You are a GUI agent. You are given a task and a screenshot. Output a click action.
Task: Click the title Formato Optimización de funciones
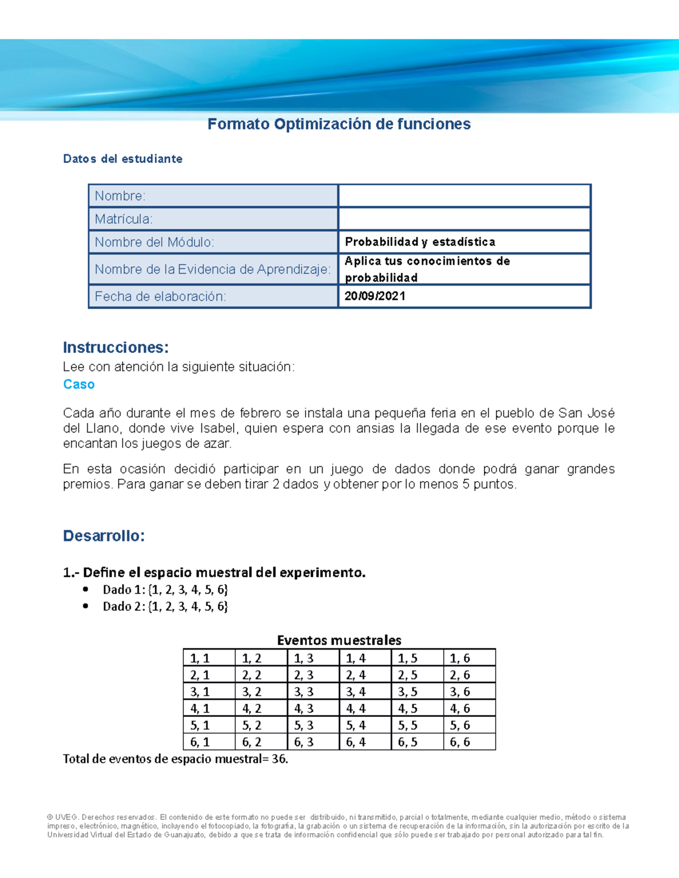click(339, 124)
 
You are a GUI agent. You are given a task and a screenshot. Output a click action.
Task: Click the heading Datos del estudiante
click(123, 159)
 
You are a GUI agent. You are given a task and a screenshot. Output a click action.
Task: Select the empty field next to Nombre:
click(464, 196)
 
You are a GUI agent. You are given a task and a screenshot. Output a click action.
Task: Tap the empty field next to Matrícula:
click(464, 219)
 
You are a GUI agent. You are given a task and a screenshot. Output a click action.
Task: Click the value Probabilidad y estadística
click(420, 242)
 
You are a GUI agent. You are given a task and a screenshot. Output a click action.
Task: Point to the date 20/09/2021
click(375, 296)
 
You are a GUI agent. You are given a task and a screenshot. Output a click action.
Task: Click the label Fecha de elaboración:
click(160, 296)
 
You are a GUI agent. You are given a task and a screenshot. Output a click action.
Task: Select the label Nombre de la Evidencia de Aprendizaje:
click(212, 269)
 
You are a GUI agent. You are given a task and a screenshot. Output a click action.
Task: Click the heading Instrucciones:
click(116, 347)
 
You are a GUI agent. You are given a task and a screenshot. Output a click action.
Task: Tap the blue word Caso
click(79, 384)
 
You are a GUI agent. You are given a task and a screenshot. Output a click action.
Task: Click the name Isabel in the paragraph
click(214, 429)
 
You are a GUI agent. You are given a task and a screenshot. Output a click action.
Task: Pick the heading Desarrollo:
click(104, 536)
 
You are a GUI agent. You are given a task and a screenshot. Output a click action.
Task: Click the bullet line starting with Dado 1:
click(165, 590)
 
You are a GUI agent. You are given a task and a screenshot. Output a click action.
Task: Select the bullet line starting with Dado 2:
click(165, 607)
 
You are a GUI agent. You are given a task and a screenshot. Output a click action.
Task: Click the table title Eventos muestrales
click(339, 640)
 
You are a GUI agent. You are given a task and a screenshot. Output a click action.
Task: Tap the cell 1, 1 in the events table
click(200, 658)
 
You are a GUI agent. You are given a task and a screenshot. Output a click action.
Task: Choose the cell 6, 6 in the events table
click(459, 742)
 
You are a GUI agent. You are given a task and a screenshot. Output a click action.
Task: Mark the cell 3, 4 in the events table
click(356, 691)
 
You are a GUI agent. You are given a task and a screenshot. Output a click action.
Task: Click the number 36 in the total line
click(278, 759)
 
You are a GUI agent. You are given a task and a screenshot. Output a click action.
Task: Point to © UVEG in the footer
click(62, 817)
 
